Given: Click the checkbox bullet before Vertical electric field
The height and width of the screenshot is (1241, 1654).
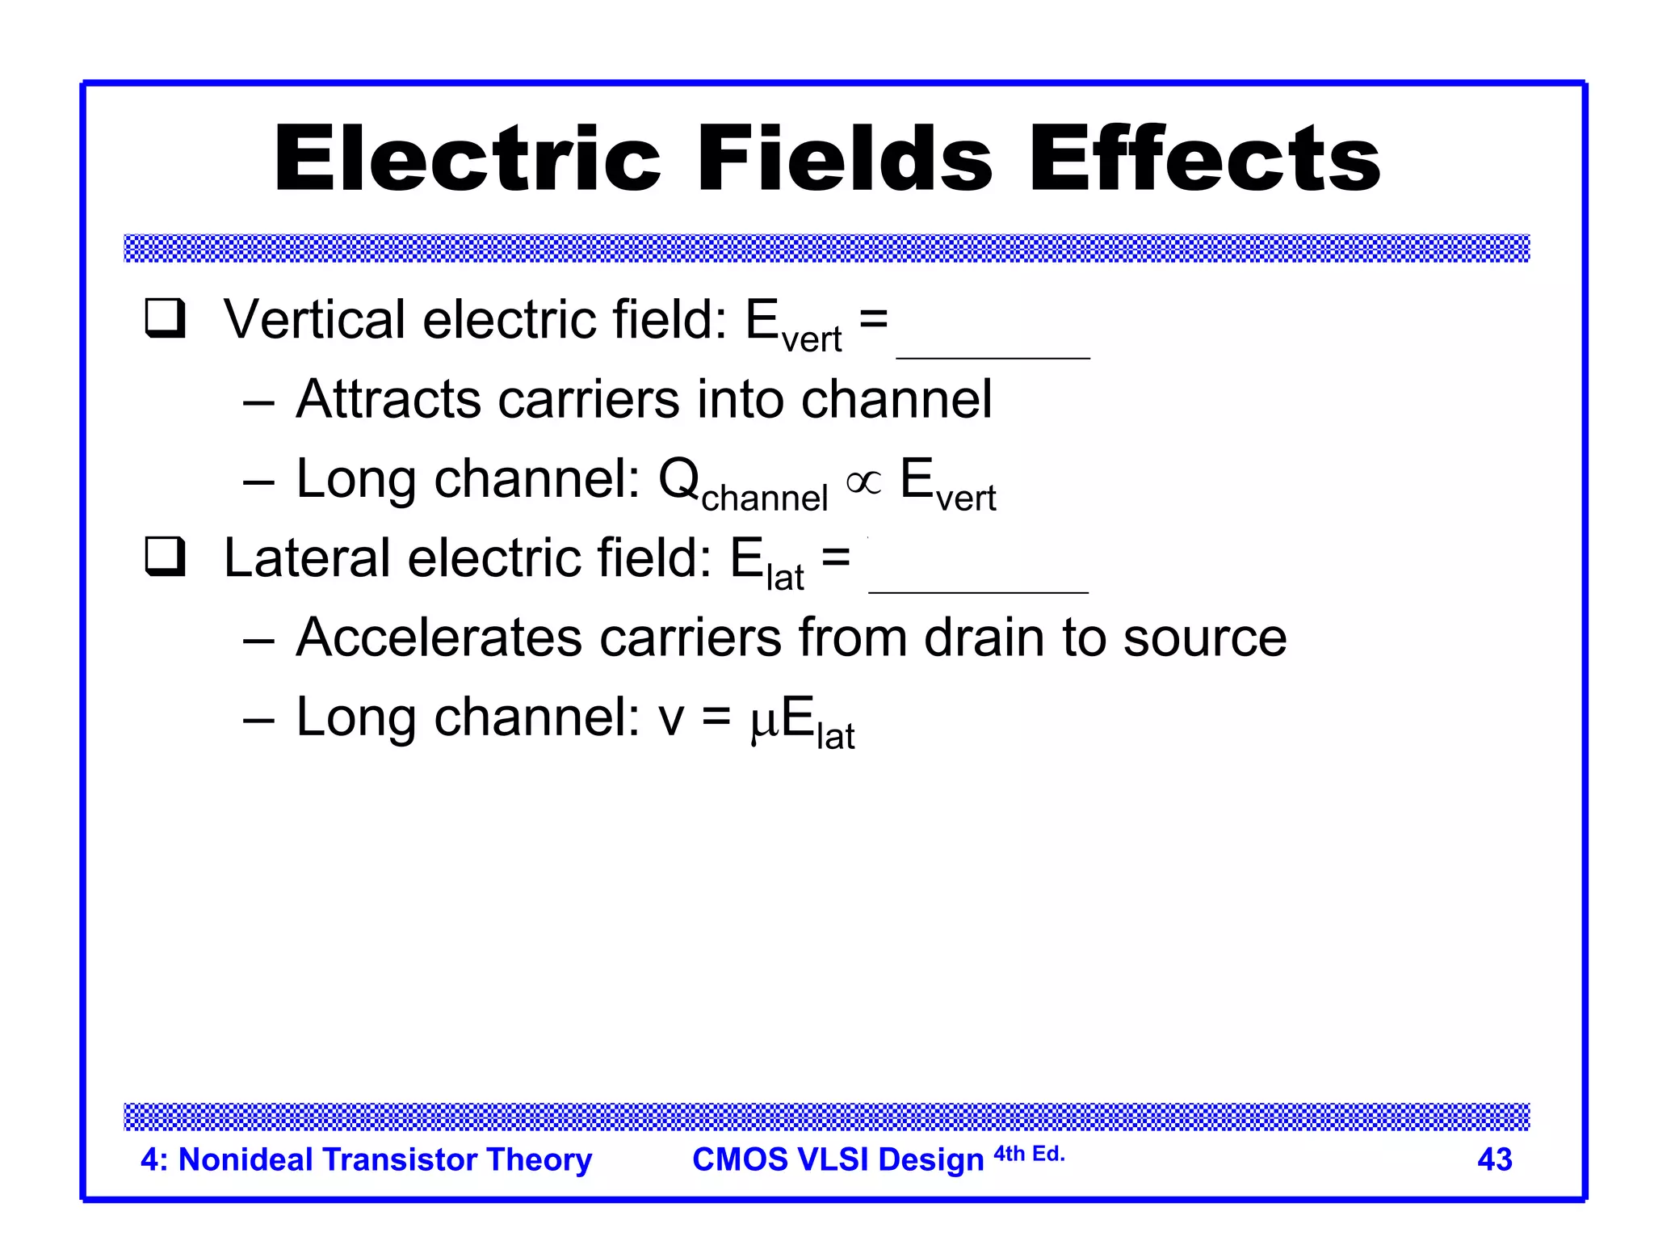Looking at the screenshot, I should click(x=166, y=318).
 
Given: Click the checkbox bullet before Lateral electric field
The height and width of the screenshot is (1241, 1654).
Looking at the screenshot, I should click(x=166, y=557).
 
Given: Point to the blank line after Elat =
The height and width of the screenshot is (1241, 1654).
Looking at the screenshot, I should click(x=978, y=591).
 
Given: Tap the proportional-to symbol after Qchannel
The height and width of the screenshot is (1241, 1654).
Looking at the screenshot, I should click(x=863, y=482).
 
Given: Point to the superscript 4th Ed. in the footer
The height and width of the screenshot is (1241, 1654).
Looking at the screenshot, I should click(x=1029, y=1154).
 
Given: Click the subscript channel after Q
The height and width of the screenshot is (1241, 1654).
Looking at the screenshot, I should click(x=764, y=498).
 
